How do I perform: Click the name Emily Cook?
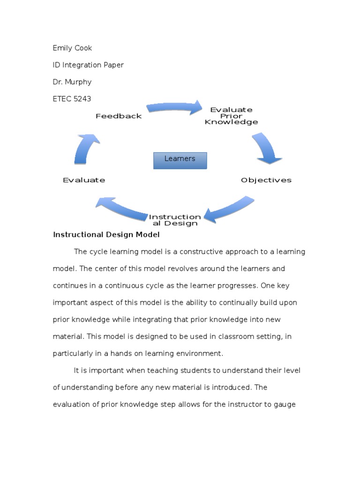(72, 48)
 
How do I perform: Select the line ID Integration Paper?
(88, 65)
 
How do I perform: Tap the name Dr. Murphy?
(72, 82)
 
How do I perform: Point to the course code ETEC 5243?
(72, 98)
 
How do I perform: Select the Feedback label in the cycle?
(119, 116)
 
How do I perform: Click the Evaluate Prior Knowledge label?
(231, 116)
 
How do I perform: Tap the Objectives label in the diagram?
(266, 180)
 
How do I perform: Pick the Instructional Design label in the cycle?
(174, 220)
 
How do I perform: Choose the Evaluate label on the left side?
(84, 180)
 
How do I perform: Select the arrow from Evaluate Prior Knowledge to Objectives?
(266, 148)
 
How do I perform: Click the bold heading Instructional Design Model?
(106, 234)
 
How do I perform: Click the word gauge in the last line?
(285, 404)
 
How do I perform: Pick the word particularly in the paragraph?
(74, 353)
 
